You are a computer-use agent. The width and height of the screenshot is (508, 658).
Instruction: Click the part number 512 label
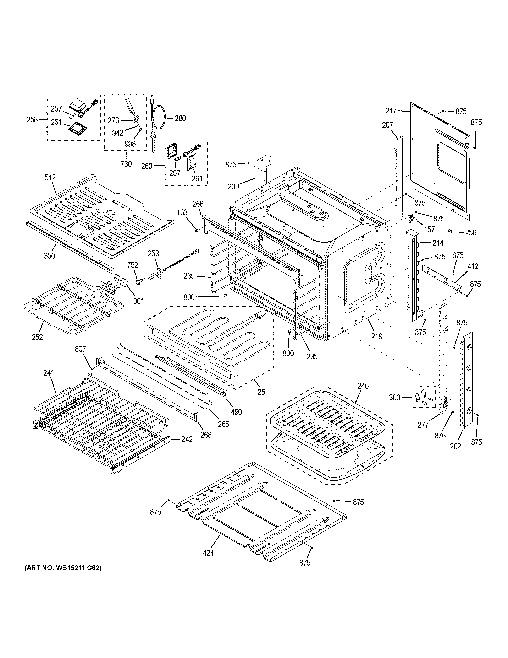tap(50, 178)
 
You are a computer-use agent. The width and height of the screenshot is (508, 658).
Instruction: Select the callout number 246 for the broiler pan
tap(363, 386)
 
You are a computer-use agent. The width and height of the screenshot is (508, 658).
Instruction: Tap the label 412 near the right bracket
tap(473, 266)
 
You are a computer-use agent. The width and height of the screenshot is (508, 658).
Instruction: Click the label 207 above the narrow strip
tap(388, 125)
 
